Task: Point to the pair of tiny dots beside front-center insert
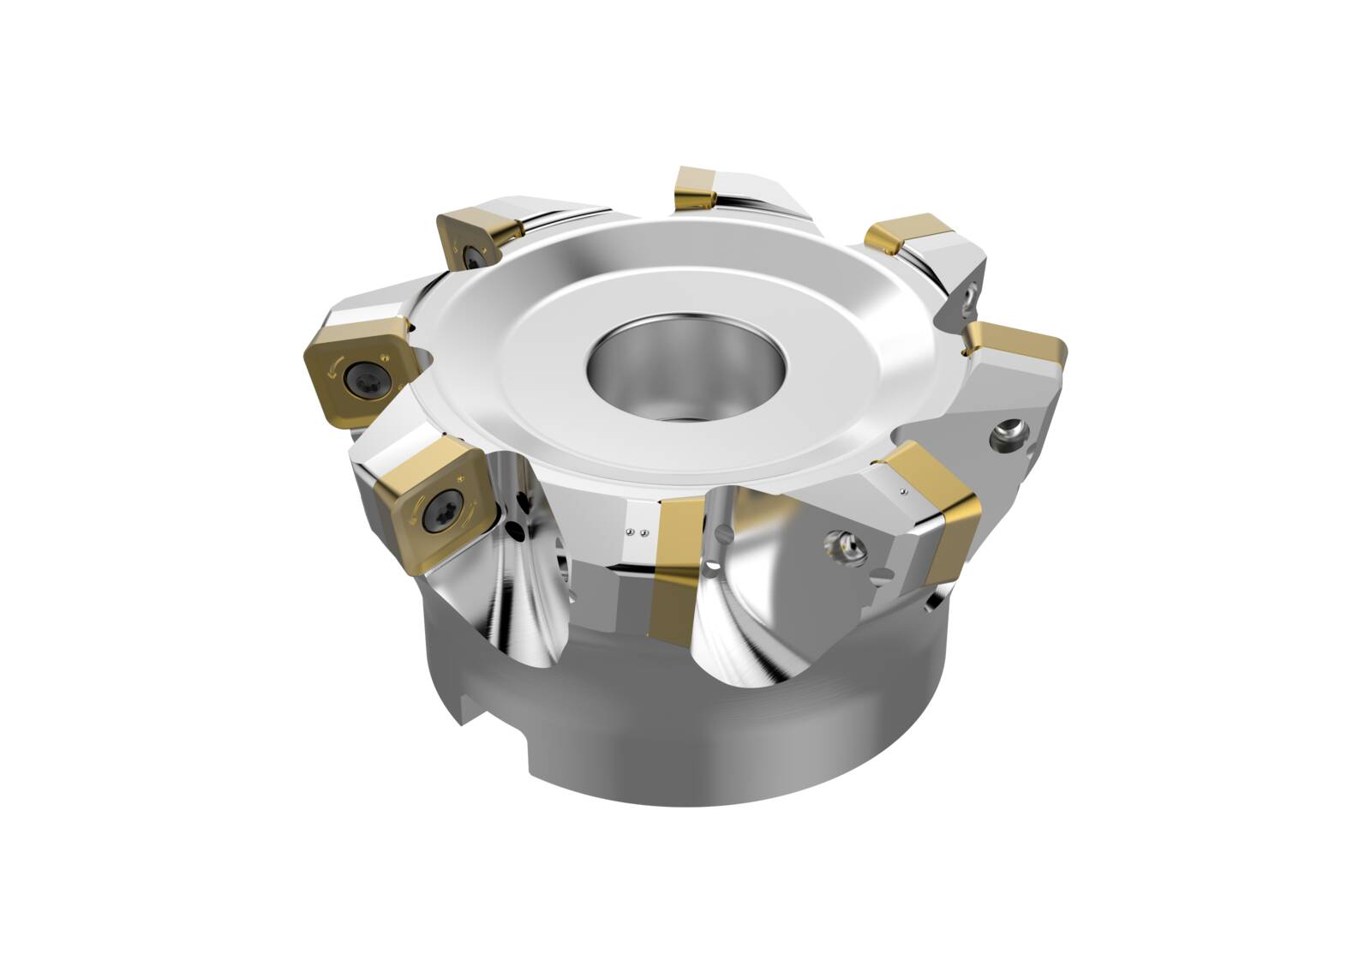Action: [635, 532]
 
